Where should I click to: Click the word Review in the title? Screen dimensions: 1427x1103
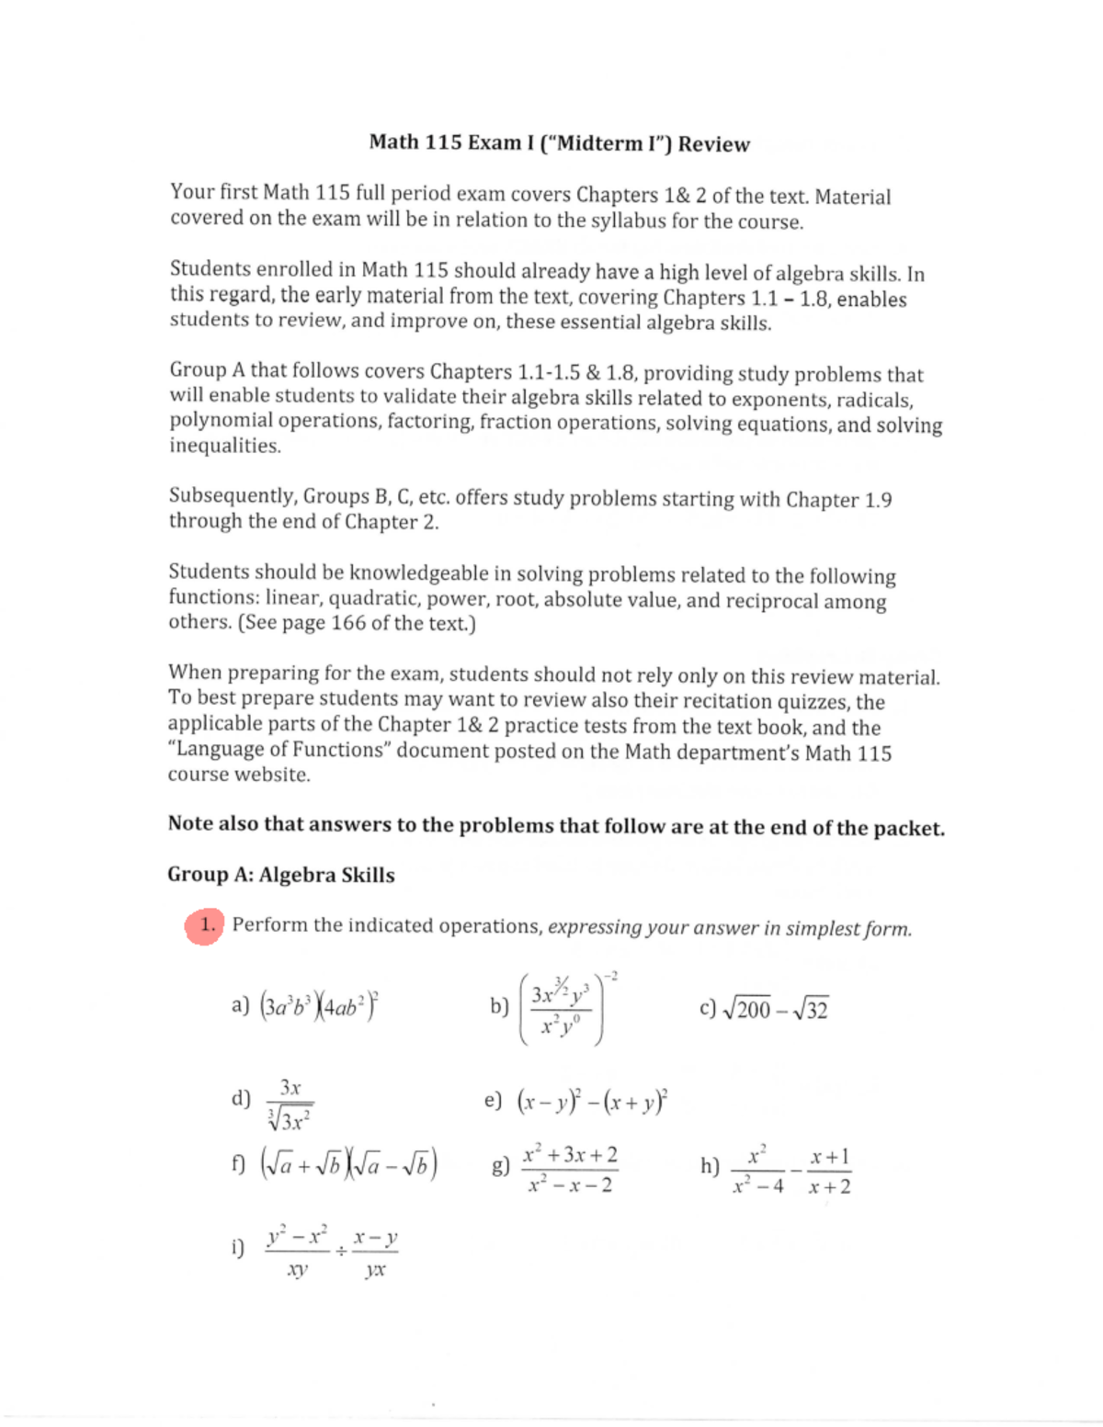coord(713,144)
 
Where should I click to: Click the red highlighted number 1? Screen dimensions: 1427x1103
coord(207,925)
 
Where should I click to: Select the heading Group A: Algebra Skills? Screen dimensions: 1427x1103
coord(280,875)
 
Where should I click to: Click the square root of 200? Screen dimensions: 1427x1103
coord(747,1010)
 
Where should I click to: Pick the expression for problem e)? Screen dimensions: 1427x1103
coord(593,1101)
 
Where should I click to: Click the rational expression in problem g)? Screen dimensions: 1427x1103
coord(570,1170)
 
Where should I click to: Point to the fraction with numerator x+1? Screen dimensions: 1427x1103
coord(829,1171)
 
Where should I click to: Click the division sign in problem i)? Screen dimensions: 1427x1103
coord(341,1251)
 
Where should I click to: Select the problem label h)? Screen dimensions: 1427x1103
coord(710,1166)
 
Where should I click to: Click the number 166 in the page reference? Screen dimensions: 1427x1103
coord(348,623)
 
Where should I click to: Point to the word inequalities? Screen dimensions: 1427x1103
coord(224,446)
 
